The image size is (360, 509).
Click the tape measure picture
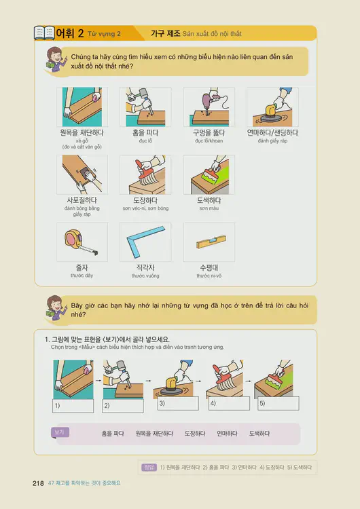pos(81,242)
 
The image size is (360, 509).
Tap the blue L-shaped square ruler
pos(145,242)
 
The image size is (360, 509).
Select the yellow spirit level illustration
pos(209,242)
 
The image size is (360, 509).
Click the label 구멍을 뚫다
pos(209,133)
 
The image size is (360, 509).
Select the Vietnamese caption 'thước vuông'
pos(145,276)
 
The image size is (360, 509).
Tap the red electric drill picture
pos(209,107)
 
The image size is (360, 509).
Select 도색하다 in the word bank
pos(259,433)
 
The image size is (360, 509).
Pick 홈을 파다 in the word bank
pos(113,433)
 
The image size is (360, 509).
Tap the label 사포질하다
pos(82,201)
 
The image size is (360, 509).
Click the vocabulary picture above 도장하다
pos(145,174)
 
